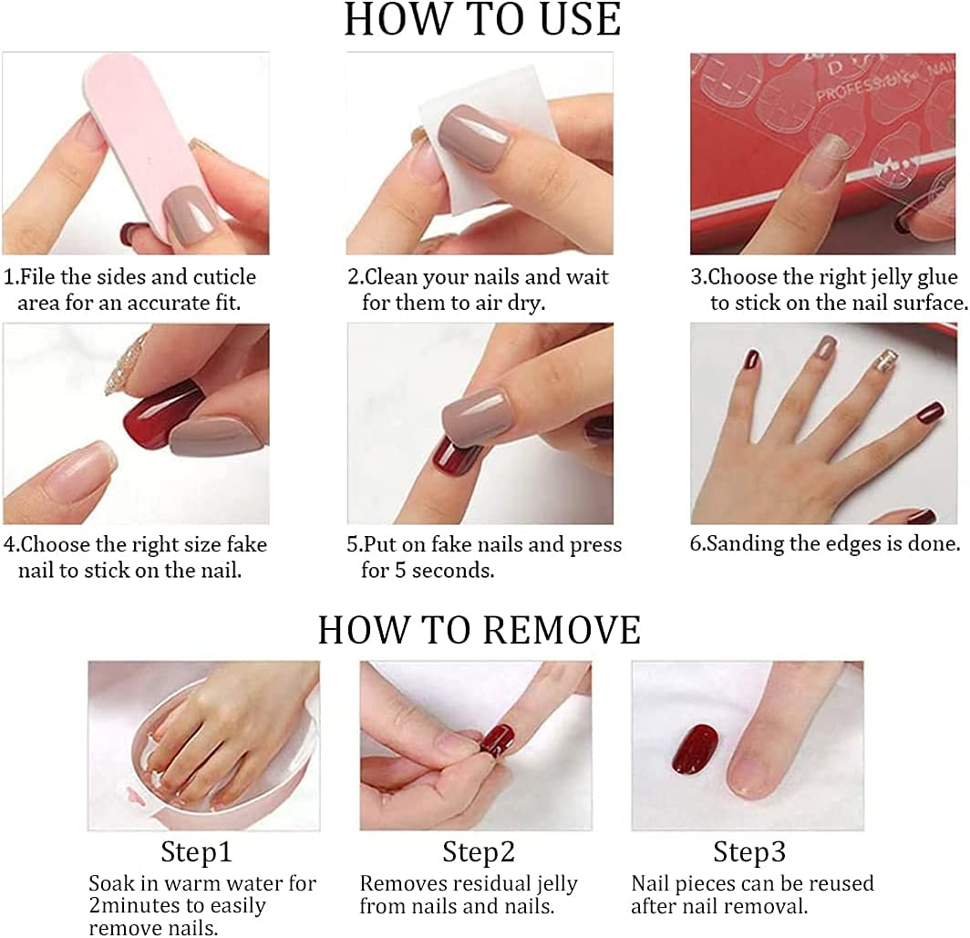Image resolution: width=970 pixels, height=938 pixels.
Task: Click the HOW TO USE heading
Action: pos(482,19)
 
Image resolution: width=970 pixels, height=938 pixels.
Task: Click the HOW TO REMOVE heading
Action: pos(480,630)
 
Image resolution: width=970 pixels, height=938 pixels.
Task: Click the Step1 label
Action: pos(196,852)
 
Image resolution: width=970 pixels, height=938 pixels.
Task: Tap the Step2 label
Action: pos(479,852)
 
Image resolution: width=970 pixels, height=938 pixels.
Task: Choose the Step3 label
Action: pos(749,852)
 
